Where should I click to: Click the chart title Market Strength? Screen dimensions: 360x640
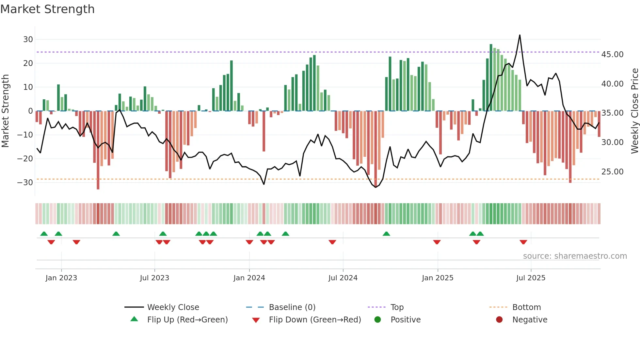pyautogui.click(x=47, y=9)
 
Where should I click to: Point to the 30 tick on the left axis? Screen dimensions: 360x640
pyautogui.click(x=28, y=40)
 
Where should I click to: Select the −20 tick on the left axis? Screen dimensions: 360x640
pyautogui.click(x=25, y=159)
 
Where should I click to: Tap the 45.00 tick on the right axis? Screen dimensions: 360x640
pyautogui.click(x=612, y=55)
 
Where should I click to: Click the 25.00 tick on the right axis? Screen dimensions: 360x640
pyautogui.click(x=612, y=172)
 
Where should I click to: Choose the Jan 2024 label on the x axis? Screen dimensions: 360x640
pyautogui.click(x=249, y=278)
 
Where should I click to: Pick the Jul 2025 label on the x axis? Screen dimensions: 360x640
pyautogui.click(x=531, y=278)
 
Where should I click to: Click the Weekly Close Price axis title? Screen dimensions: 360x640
pyautogui.click(x=634, y=111)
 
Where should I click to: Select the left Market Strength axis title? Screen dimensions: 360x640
pyautogui.click(x=5, y=111)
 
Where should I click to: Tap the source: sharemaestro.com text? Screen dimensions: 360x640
pyautogui.click(x=575, y=256)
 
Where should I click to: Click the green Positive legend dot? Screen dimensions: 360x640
pyautogui.click(x=378, y=320)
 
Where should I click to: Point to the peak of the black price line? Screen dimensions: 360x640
pyautogui.click(x=520, y=35)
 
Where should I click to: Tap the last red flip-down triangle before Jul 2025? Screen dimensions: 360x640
pyautogui.click(x=523, y=242)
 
